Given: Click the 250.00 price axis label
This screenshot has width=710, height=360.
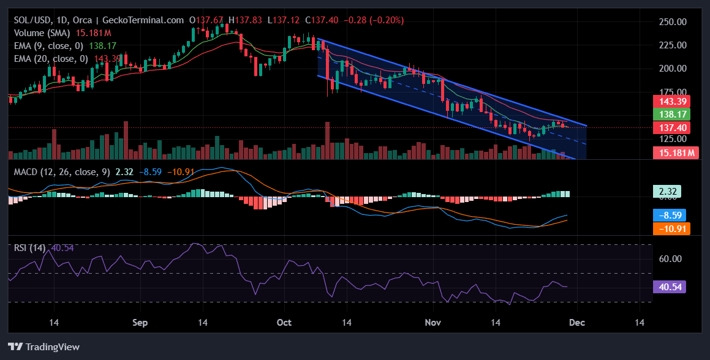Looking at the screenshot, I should click(x=671, y=21).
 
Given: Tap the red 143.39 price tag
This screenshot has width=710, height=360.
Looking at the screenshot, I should click(x=671, y=101).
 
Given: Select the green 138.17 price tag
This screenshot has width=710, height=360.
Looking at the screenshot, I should click(x=671, y=114).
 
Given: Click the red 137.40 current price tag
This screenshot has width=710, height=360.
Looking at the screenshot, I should click(x=671, y=127).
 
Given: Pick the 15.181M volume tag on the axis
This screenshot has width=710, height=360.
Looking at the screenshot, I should click(x=676, y=153).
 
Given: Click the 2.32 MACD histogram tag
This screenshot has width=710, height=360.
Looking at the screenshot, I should click(x=671, y=192).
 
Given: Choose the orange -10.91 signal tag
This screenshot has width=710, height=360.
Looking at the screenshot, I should click(x=671, y=228).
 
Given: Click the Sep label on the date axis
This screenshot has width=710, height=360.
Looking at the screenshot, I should click(x=140, y=323).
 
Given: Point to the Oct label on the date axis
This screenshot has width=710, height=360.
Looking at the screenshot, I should click(x=284, y=323).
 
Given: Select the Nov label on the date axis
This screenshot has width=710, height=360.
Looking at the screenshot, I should click(x=433, y=323).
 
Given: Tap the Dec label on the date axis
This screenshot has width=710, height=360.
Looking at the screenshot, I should click(x=576, y=323).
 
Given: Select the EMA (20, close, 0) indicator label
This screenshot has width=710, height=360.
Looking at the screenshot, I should click(x=51, y=58).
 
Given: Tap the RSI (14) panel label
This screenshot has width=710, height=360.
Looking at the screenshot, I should click(x=31, y=247).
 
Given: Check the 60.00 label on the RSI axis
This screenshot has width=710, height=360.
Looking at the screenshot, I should click(x=670, y=258).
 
